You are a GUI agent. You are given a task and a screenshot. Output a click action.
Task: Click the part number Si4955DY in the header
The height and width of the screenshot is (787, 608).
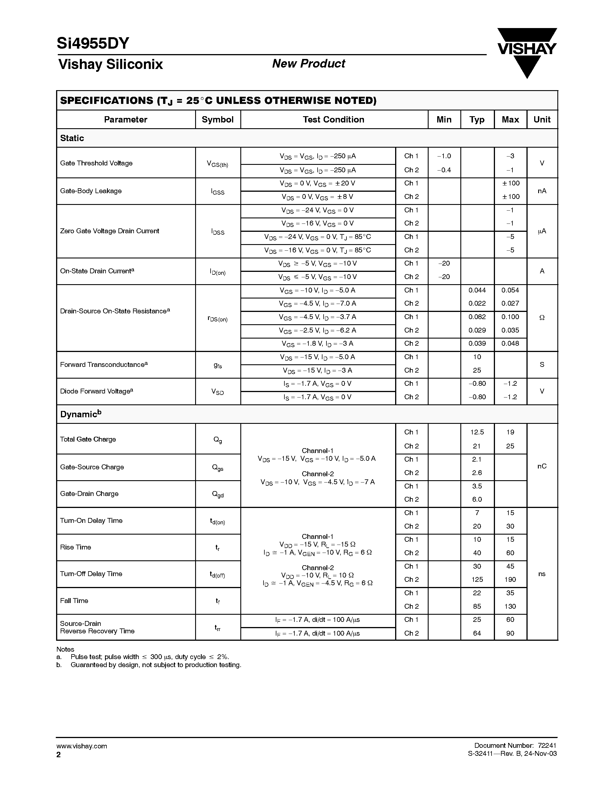pos(93,43)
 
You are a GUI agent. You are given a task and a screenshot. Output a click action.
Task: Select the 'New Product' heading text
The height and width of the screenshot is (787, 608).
pos(308,64)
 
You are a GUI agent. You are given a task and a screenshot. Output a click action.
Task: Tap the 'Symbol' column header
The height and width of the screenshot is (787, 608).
pos(217,120)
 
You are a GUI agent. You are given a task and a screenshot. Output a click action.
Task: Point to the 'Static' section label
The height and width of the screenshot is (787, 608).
pos(72,138)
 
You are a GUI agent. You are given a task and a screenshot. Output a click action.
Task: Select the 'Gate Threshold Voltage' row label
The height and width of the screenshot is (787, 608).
pos(96,163)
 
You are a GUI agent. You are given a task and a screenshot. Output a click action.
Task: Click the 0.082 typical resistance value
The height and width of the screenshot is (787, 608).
pos(477,317)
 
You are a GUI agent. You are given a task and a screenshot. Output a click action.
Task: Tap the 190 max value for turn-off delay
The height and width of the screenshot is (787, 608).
pos(510,580)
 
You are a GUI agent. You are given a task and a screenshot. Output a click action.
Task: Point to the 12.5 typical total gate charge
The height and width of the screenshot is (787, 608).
pos(477,432)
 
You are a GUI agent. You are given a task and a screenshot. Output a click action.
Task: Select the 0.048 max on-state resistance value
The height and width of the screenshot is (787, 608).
pos(510,343)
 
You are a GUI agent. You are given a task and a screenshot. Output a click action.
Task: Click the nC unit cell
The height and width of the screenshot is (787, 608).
pos(542,466)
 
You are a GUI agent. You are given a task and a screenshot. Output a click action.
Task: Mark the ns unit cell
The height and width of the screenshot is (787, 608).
pos(542,574)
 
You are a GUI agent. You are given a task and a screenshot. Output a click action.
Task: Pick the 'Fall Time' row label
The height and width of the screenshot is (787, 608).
pos(74,601)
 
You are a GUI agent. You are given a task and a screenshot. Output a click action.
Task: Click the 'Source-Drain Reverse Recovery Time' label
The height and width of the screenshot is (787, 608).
pos(97,627)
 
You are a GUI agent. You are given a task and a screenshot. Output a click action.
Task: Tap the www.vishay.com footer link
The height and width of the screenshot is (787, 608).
pos(82,746)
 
